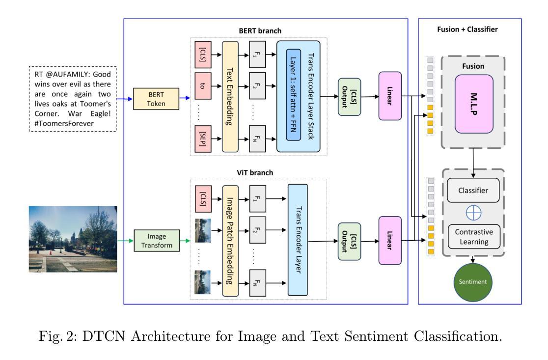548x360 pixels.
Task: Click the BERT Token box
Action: pos(158,99)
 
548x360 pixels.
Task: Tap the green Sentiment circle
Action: pos(473,282)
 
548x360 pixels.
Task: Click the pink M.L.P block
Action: pos(473,104)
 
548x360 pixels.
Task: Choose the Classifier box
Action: pos(473,191)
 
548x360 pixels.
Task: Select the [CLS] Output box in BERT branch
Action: pos(350,97)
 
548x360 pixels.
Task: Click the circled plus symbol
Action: pos(473,213)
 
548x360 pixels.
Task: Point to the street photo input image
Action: pos(73,239)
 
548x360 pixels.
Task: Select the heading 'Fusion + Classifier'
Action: pos(467,29)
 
